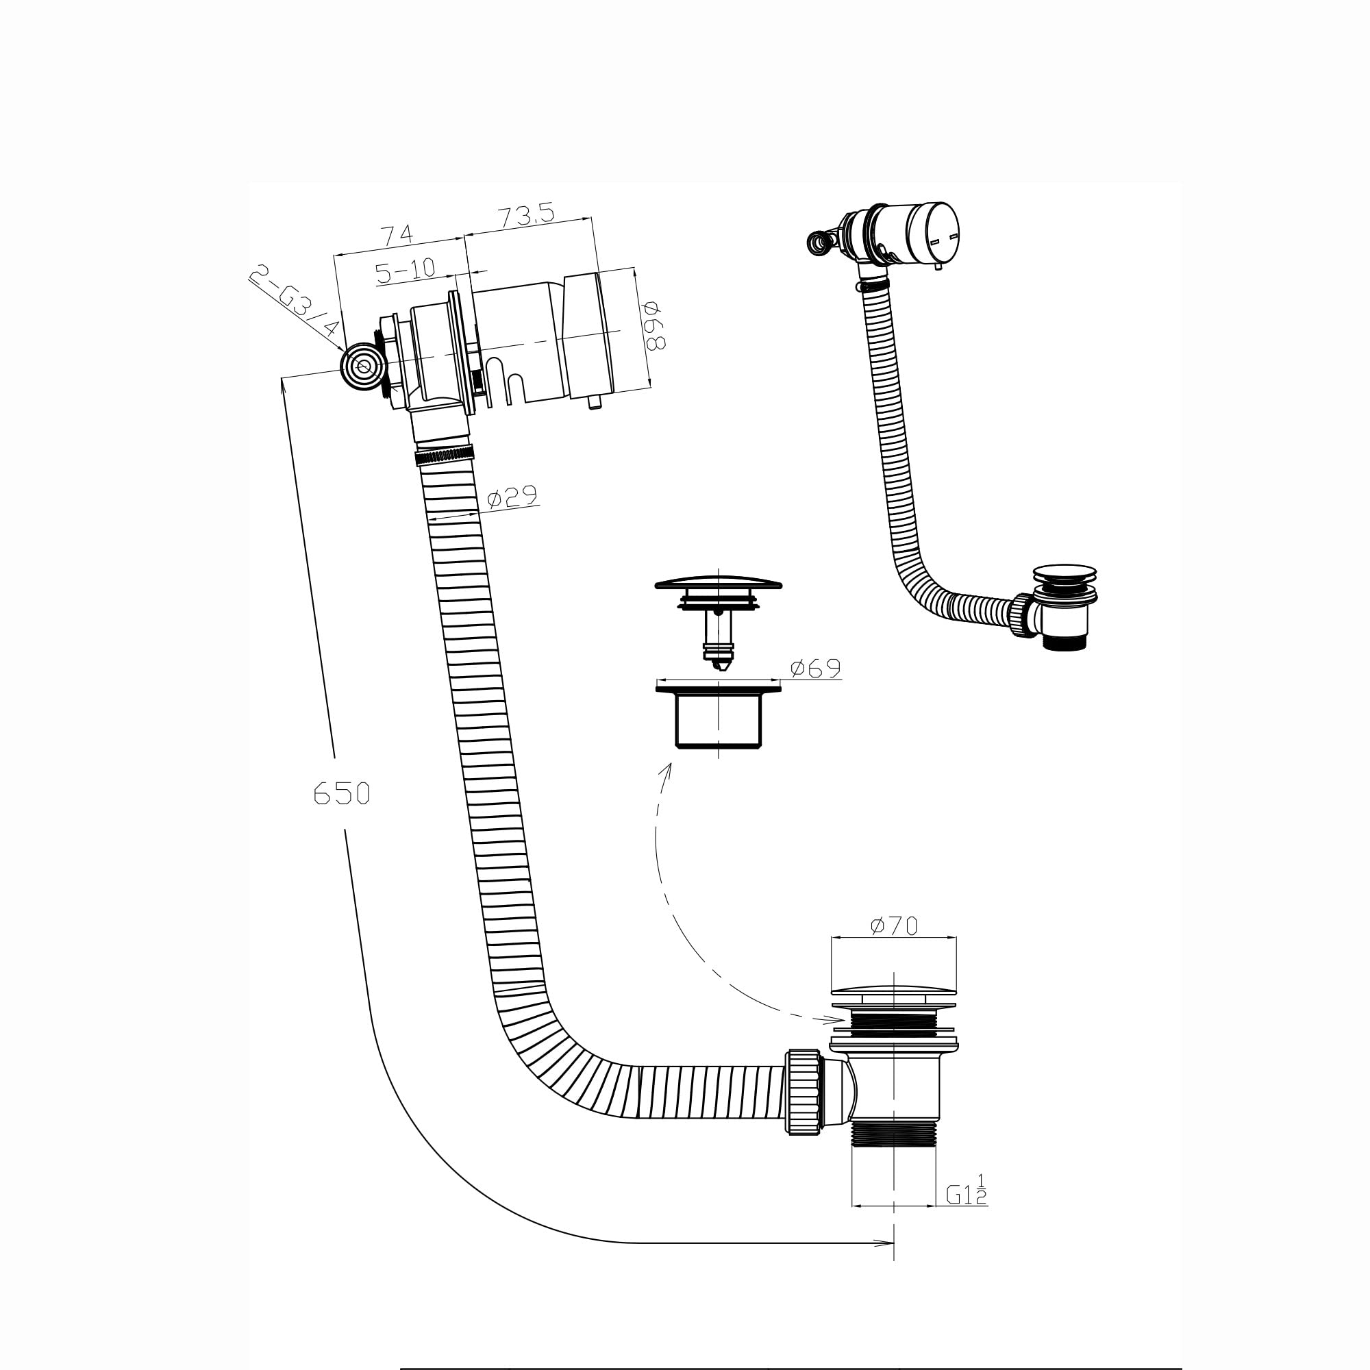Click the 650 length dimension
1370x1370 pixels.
click(342, 793)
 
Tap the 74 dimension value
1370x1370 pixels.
click(398, 235)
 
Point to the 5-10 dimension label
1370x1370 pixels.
click(405, 270)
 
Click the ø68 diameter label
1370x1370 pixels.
click(653, 326)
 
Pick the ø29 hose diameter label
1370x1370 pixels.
click(512, 497)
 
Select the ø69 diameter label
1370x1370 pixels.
click(815, 668)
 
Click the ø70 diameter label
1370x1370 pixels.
click(893, 925)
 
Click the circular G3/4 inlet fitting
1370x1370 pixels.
click(363, 366)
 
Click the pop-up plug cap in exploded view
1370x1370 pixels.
click(719, 584)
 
